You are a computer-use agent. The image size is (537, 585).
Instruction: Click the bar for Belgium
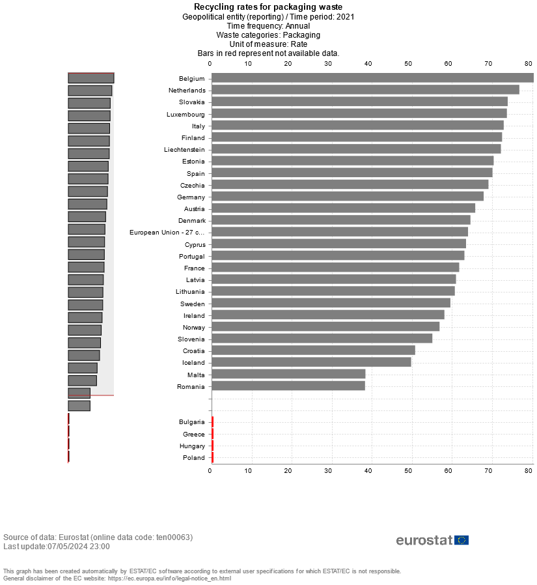tap(371, 78)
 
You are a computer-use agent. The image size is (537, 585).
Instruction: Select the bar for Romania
tap(288, 386)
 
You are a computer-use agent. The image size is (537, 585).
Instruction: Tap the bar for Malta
tap(288, 374)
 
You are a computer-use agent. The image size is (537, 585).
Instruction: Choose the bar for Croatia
tap(312, 350)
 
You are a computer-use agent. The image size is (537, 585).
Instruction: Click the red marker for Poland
tap(212, 457)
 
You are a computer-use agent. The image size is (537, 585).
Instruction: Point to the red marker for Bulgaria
tap(212, 421)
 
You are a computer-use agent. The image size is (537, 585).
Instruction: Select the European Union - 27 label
tap(167, 232)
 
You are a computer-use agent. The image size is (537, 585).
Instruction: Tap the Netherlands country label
tap(187, 91)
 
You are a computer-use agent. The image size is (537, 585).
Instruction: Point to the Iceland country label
tap(193, 363)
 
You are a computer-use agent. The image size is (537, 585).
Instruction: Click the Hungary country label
tap(192, 446)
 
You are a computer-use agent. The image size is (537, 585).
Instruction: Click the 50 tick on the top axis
tap(408, 63)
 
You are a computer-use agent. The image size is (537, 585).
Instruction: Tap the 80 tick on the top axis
tap(529, 63)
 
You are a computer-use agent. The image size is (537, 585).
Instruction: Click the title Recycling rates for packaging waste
tap(268, 7)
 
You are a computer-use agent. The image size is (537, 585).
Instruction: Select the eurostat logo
tap(432, 540)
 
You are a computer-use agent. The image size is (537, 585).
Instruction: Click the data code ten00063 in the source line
tap(174, 537)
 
